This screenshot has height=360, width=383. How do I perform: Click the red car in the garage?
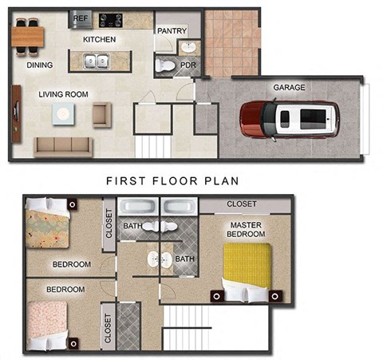point(290,119)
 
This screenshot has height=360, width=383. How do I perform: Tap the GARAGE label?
point(289,88)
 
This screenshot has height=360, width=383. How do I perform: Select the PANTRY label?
point(172,31)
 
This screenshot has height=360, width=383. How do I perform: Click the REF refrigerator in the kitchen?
point(81,18)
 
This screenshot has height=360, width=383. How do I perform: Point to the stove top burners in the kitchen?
point(110,19)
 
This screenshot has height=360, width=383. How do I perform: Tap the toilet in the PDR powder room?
point(165,65)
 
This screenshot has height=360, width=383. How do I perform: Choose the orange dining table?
point(29,36)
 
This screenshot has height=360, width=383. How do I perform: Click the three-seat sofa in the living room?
point(62,145)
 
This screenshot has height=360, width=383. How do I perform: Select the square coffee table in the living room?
point(64,115)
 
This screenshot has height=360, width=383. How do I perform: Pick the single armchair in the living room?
point(101,115)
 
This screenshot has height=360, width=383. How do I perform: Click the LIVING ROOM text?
point(63,94)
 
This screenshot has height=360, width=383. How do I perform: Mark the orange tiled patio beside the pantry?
point(231,42)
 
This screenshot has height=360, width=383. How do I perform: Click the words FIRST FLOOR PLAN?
point(172,181)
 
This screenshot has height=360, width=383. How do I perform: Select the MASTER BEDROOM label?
point(245,231)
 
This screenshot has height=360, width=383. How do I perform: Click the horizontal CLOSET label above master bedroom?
point(242,204)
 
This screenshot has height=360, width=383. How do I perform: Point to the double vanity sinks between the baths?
point(156,259)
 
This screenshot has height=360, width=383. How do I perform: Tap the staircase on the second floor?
point(189,330)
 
